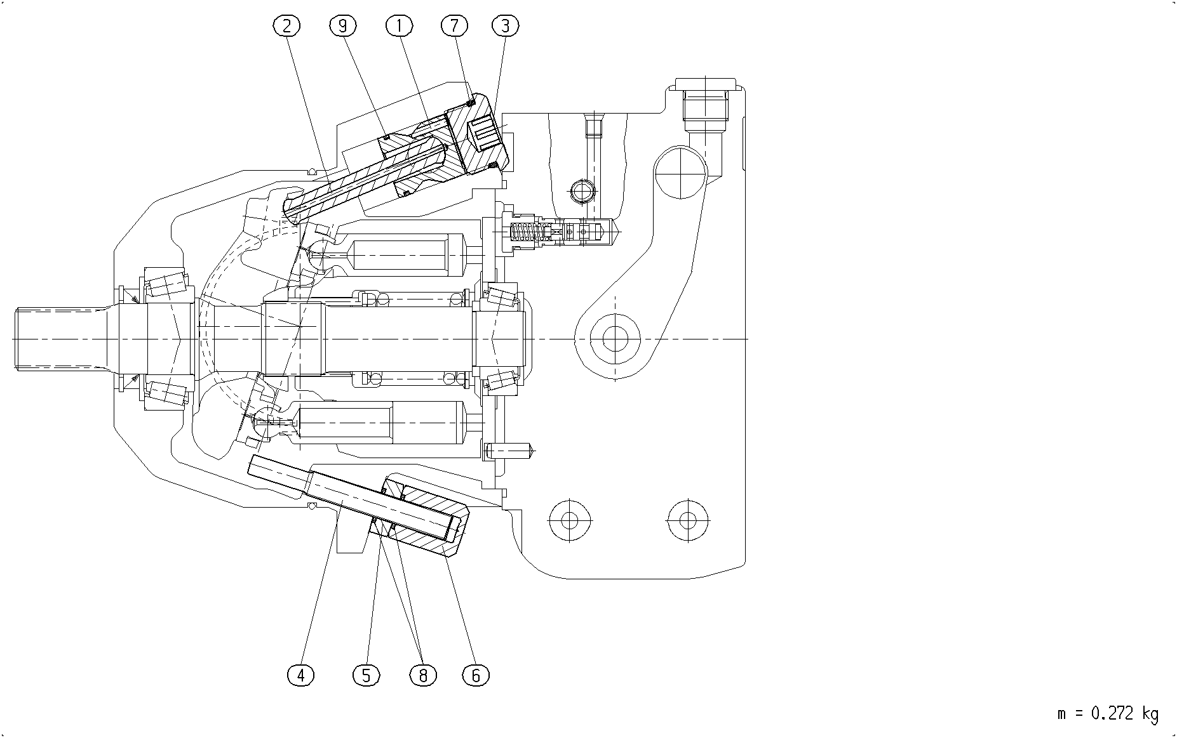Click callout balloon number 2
286,26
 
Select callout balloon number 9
343,26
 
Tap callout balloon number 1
399,26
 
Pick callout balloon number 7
454,26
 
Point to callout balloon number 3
506,26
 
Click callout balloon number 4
301,675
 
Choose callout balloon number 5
367,675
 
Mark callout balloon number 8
423,675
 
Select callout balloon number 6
476,675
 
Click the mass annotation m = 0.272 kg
1108,714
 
